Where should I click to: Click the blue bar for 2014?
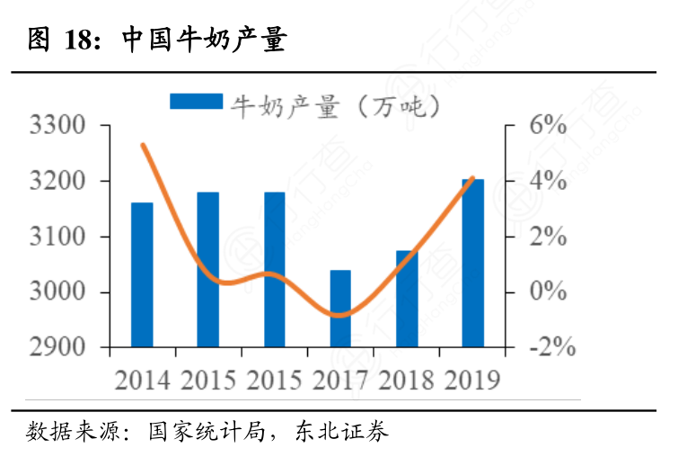coord(142,274)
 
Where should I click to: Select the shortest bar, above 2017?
coord(340,309)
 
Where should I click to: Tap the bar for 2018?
coord(407,299)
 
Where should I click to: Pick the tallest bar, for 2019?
coord(473,263)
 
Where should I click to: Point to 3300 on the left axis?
coord(57,126)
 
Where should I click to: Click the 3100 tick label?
coord(57,237)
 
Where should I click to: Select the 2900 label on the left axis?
coord(57,348)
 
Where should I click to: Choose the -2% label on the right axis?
coord(546,348)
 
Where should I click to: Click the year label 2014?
coord(142,380)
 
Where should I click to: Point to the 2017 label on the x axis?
coord(340,380)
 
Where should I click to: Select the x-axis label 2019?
coord(473,380)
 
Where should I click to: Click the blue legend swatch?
coord(196,102)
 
